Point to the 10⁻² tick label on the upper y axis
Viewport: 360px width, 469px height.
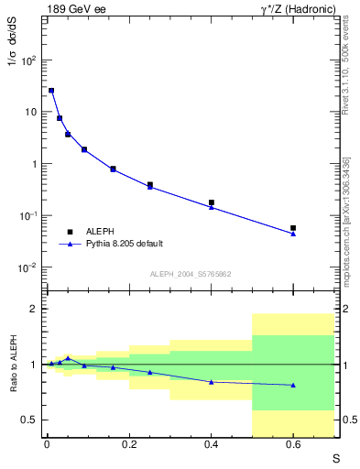(27, 267)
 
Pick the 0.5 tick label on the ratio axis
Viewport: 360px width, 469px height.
(29, 420)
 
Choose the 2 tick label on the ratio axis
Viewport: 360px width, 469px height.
(33, 309)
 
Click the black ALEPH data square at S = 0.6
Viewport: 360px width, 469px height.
(293, 227)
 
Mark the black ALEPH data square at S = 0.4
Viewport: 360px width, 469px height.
(212, 202)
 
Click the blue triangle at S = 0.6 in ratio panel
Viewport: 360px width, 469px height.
(293, 385)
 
